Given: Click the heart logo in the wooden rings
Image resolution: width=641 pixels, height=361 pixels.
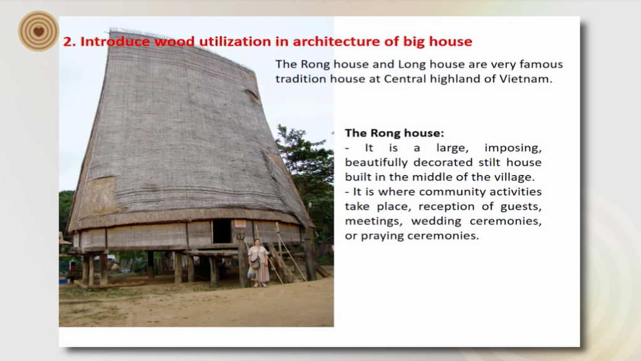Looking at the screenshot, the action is (39, 31).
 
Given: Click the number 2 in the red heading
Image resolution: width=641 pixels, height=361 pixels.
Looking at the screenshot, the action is (68, 41).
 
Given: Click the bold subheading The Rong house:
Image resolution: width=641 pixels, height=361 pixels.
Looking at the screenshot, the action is (394, 133).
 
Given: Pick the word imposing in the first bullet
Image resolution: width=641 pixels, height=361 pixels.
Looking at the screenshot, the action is (513, 148).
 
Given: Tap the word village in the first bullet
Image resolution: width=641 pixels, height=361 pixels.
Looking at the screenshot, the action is (512, 177).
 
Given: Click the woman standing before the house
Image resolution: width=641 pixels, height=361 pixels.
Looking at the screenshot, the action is (259, 263).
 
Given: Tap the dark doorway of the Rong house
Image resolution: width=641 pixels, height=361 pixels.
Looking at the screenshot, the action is (221, 231).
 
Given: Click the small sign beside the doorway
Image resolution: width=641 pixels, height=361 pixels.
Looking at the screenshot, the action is (240, 223).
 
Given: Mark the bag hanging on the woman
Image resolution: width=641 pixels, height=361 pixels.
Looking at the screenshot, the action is (255, 264).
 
